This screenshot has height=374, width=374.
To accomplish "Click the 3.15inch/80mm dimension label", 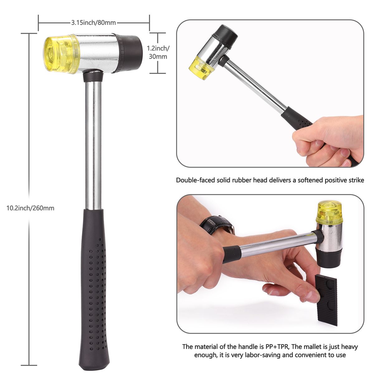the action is click(x=93, y=23).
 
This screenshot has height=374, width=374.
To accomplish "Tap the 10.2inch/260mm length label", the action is click(x=30, y=208).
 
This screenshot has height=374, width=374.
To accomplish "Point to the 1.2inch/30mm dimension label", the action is click(x=158, y=52).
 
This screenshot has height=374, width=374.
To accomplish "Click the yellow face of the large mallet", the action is click(x=61, y=54).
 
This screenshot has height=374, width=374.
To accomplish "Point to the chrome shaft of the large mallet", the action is click(x=93, y=145).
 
